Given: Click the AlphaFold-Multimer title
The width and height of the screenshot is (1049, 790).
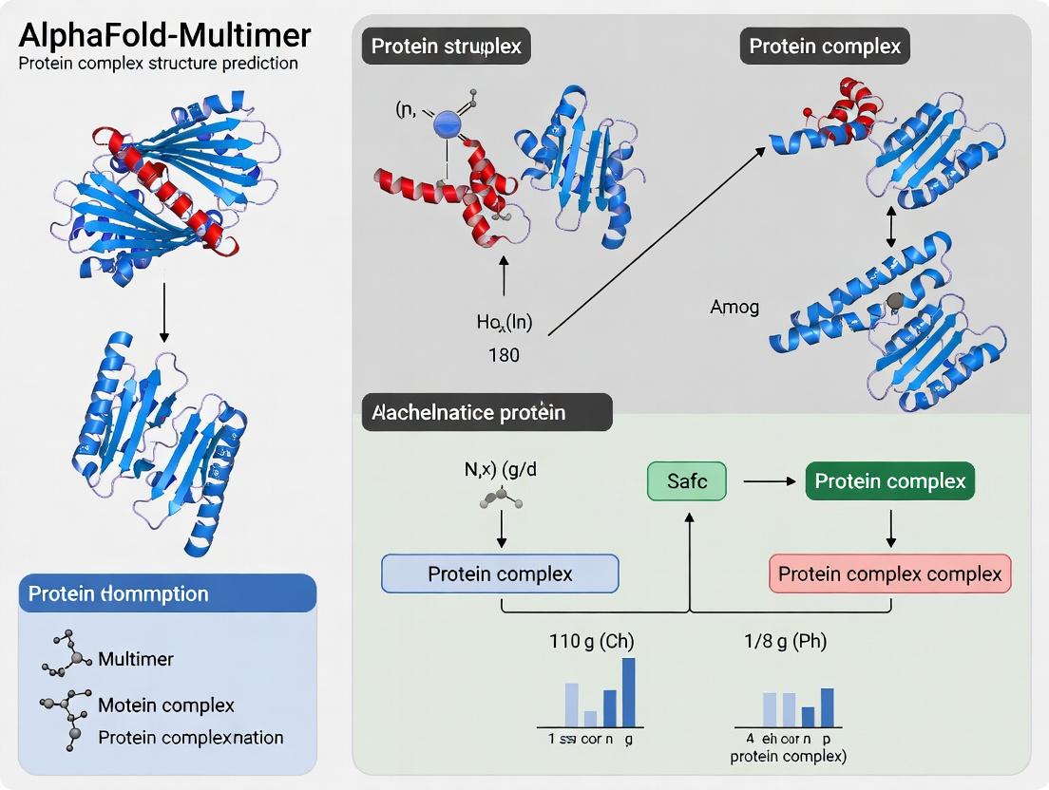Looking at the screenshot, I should point(165,35).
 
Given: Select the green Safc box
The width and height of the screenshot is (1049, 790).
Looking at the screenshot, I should point(686,481).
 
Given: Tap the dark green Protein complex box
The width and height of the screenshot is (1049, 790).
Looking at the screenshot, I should point(889,481).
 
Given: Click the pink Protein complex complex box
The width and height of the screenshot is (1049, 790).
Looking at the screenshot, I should point(889,574).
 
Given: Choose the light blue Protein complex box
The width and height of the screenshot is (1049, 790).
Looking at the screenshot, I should point(500,574).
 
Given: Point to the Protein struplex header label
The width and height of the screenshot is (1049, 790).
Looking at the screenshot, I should point(446,47).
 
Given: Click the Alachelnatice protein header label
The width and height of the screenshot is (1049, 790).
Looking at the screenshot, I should point(469,412).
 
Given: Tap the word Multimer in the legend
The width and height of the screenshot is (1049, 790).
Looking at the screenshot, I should point(136,659).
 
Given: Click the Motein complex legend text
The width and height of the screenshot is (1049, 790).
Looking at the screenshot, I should point(166,705).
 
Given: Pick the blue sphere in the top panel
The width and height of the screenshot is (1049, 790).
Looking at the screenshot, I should point(446,123).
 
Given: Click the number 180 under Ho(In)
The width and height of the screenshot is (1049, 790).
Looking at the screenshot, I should point(504,355).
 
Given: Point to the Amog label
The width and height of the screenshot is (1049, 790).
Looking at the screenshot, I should point(734,308).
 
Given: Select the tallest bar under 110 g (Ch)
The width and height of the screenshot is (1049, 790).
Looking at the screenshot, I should point(628,691).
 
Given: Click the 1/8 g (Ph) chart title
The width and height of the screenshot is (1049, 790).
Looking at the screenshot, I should point(785,642).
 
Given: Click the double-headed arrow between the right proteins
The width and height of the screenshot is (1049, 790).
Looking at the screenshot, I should point(890,230).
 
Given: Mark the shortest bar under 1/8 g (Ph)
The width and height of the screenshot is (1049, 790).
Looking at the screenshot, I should point(808,716).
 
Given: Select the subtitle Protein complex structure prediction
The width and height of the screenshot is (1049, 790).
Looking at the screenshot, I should point(159,64).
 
